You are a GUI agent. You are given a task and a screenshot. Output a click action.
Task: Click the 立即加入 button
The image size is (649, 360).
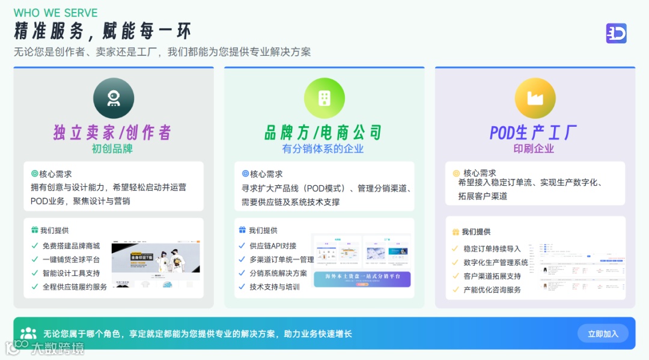click(603, 334)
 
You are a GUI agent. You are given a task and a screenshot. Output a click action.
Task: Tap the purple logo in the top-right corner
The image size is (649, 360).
click(616, 34)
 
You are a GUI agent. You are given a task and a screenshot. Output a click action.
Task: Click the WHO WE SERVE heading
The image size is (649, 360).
click(55, 13)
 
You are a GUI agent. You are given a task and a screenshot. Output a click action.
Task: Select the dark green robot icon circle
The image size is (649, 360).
click(114, 98)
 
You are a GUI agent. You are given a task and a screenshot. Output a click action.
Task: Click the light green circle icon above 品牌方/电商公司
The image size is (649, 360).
click(324, 98)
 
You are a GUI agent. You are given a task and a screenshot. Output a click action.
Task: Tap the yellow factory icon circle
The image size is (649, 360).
click(535, 98)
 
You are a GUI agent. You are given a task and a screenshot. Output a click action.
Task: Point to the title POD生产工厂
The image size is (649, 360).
click(534, 132)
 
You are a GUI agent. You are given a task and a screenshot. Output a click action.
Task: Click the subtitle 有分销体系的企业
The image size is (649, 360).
click(323, 148)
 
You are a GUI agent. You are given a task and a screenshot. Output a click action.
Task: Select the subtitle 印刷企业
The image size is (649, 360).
click(534, 148)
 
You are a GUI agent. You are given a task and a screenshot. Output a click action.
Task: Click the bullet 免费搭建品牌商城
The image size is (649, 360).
click(71, 246)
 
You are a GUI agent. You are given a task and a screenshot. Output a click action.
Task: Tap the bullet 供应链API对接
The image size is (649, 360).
click(273, 246)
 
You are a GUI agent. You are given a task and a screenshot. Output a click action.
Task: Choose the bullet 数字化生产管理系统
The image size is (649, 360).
click(496, 262)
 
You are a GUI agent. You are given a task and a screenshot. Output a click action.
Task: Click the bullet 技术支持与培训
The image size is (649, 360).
click(275, 287)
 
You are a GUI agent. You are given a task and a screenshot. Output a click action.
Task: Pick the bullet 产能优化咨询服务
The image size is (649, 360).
click(492, 290)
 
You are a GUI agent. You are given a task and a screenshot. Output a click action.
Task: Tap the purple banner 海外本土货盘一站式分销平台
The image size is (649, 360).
click(362, 279)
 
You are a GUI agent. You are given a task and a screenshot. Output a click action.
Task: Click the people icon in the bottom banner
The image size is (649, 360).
click(28, 334)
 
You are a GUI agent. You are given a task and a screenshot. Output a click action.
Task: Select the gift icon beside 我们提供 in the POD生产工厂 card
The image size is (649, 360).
click(456, 232)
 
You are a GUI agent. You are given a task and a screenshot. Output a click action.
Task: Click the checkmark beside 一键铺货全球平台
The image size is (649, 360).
click(35, 260)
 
